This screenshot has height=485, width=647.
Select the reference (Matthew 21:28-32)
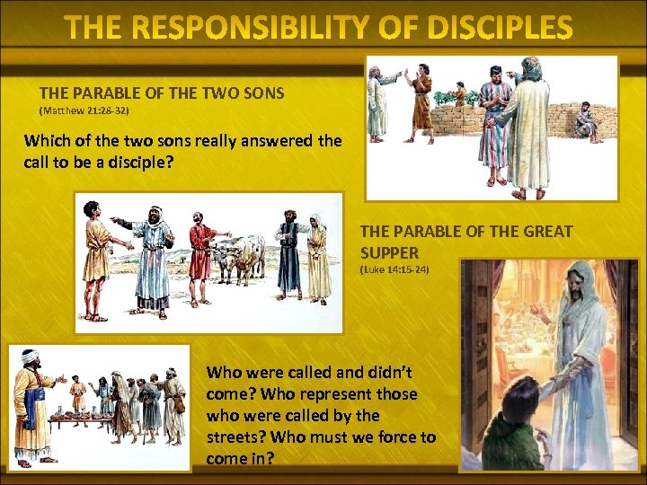84,110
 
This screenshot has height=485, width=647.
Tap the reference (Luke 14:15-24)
394,269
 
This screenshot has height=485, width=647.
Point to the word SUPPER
389,252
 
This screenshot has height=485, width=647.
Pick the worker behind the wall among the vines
459,94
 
